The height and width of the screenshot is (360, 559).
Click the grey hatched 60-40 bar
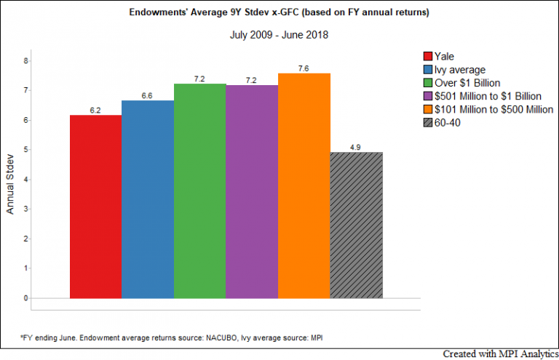pos(356,225)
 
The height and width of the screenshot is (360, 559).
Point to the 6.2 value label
pos(95,109)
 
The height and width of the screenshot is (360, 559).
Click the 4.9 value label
pos(356,147)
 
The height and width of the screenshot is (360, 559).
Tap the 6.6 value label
pos(148,95)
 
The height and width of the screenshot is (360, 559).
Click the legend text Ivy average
pos(461,69)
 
